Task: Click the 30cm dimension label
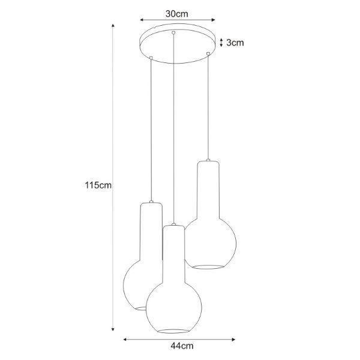point(177,14)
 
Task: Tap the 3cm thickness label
point(235,43)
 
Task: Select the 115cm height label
point(98,185)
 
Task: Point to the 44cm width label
point(182,346)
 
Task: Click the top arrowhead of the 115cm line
point(113,25)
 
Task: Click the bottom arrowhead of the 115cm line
point(113,329)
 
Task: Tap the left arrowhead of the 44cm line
point(125,340)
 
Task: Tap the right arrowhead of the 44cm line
point(233,340)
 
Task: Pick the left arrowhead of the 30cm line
point(142,20)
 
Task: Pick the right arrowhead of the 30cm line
point(213,20)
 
